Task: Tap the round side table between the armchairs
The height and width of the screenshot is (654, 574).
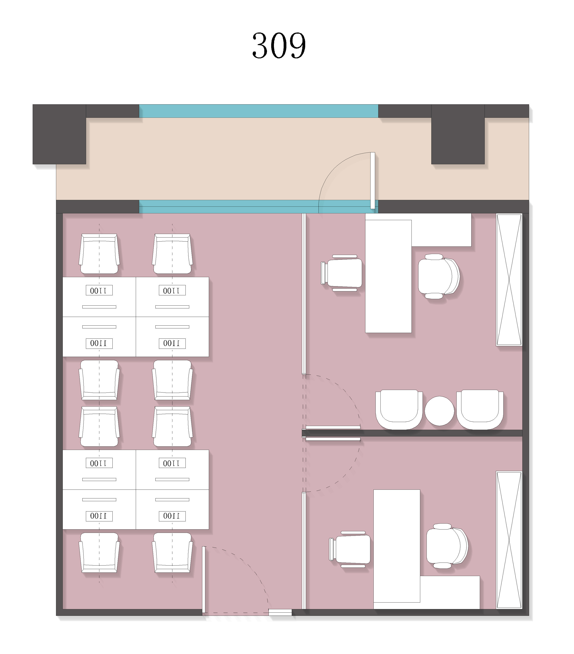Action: point(439,411)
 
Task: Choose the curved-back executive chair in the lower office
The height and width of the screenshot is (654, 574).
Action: point(447,546)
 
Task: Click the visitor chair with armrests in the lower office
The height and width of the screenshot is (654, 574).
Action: point(350,549)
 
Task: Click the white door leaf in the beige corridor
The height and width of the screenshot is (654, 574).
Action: point(373,181)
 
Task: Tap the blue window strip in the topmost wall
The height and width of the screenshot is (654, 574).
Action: point(258,111)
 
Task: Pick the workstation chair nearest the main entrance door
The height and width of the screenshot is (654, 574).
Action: point(172,553)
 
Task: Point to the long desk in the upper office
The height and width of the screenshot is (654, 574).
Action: point(388,276)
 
